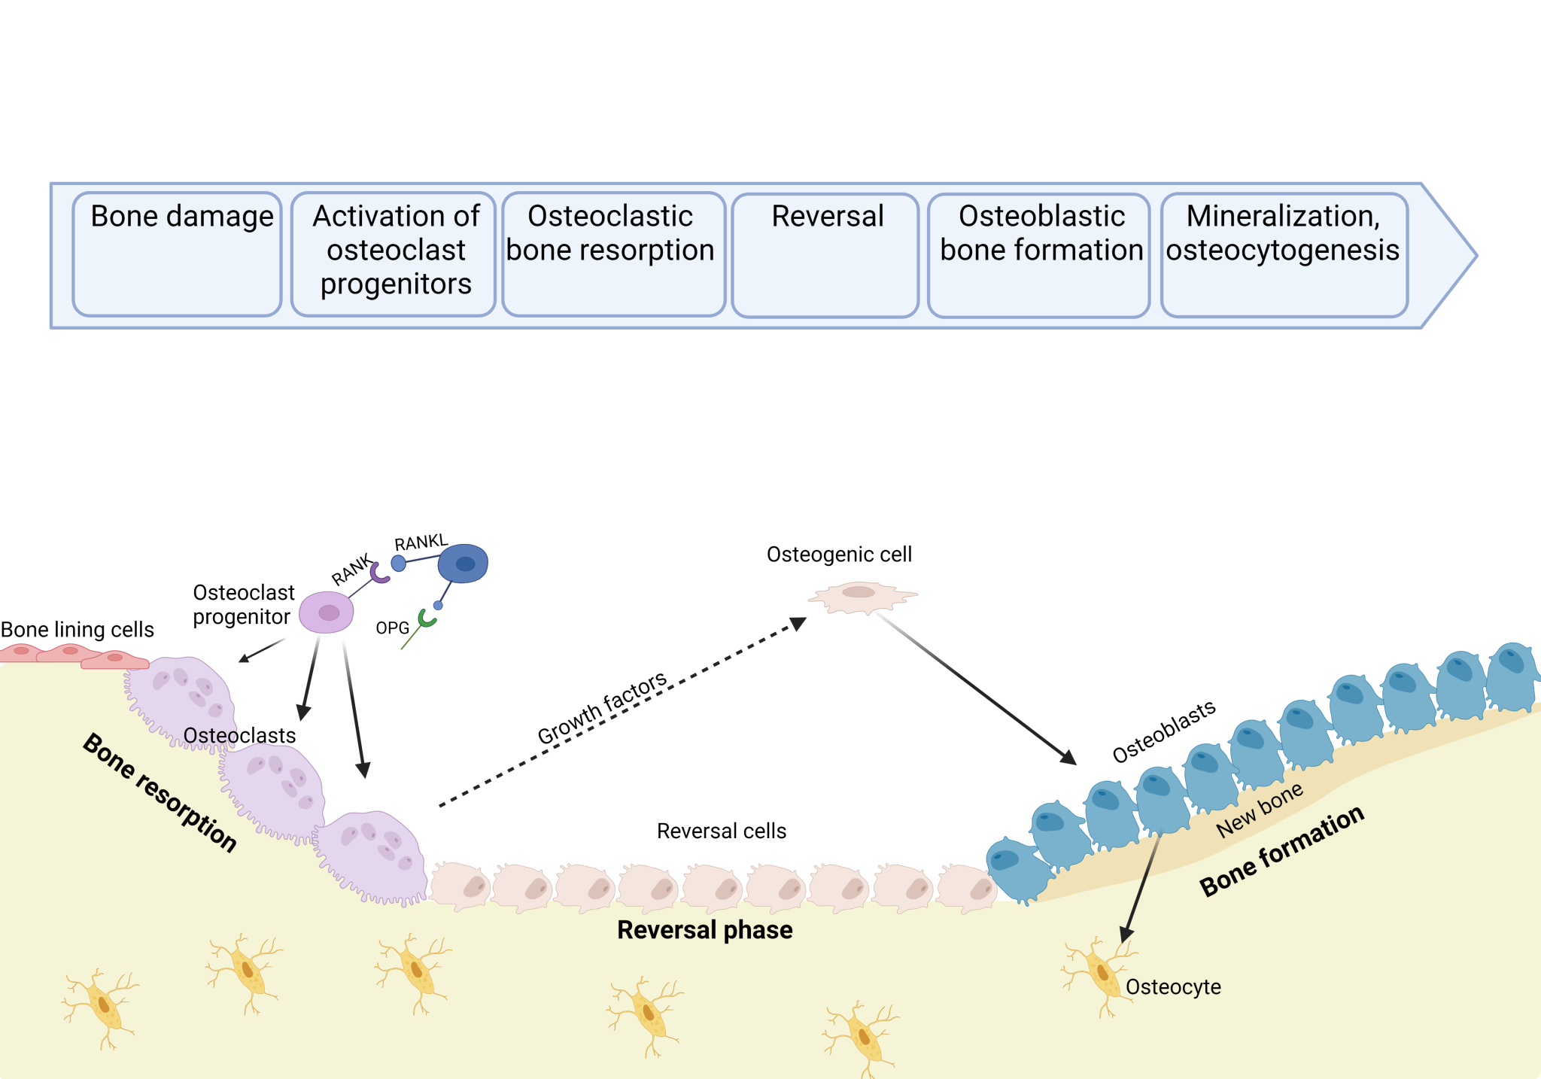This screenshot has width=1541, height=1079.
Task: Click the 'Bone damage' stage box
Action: click(x=178, y=254)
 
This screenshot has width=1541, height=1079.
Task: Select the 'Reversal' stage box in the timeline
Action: click(x=825, y=255)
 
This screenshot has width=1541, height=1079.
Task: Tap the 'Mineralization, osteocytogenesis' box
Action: click(x=1284, y=255)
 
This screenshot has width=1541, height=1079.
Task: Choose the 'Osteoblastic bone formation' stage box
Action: click(x=1038, y=255)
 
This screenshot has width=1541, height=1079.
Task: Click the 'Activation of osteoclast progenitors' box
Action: click(x=394, y=254)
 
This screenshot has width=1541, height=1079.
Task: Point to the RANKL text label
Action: click(x=421, y=543)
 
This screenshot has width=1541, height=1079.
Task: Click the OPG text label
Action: click(x=392, y=628)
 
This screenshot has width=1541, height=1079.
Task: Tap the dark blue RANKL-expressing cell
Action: click(x=464, y=564)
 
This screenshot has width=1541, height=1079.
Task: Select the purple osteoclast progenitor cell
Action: click(x=327, y=612)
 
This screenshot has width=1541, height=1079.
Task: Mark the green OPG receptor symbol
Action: click(x=427, y=619)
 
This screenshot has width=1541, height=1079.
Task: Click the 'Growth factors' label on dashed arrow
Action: click(x=602, y=707)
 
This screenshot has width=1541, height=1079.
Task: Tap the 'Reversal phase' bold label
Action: click(x=704, y=930)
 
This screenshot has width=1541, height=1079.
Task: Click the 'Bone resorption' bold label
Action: click(x=160, y=792)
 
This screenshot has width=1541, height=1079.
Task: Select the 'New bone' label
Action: click(x=1259, y=810)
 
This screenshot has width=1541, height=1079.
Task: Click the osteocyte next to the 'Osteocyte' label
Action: click(x=1100, y=974)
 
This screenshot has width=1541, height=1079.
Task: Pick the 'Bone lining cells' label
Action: click(x=77, y=630)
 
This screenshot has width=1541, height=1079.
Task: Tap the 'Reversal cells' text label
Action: click(x=721, y=831)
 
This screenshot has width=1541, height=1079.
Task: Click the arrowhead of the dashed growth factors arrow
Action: click(x=798, y=624)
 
